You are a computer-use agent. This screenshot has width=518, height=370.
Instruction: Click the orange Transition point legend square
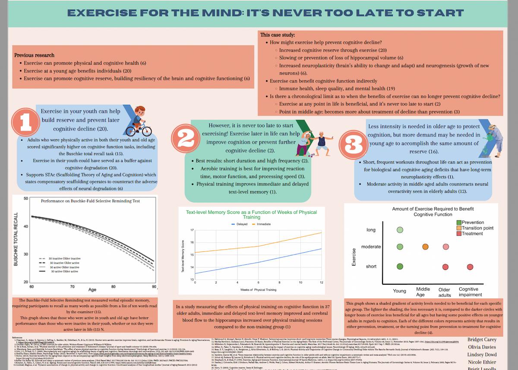pos(458,228)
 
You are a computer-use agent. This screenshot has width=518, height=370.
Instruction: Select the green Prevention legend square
pos(458,222)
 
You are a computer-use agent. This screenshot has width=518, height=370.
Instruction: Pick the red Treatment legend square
pos(458,233)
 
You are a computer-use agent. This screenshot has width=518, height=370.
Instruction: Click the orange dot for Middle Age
pos(425,247)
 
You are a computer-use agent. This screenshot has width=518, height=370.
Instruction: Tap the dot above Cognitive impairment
pos(470,267)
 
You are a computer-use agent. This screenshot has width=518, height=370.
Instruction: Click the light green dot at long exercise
pos(400,230)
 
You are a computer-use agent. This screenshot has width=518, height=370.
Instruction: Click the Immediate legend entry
pos(263,224)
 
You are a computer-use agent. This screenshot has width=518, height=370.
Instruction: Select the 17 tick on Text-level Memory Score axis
pos(192,230)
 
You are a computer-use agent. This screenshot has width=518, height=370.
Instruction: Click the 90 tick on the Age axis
pos(154,287)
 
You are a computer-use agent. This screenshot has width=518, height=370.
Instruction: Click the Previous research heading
pos(35,55)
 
